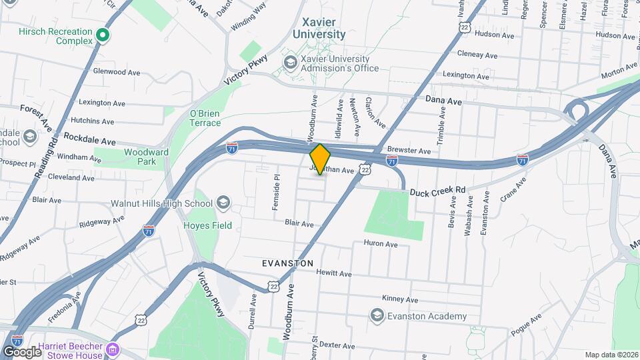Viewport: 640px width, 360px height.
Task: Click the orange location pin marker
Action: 320,159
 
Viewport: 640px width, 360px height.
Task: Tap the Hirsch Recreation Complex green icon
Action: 103,35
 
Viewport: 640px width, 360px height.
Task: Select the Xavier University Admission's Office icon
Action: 290,63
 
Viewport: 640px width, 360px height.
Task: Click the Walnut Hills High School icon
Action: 223,203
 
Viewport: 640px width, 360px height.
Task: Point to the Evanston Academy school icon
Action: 377,316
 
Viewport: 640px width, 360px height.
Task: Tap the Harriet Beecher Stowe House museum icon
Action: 113,349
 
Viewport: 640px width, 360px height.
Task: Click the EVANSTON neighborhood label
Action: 287,264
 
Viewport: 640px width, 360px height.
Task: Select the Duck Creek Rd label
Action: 437,191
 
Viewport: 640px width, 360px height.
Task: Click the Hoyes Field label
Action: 208,225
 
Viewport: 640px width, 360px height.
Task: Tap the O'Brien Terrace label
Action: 205,118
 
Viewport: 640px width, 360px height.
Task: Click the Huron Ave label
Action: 381,245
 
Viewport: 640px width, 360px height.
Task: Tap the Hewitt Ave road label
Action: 334,273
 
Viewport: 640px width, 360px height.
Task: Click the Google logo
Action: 22,351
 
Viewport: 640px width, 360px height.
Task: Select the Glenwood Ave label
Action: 116,71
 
